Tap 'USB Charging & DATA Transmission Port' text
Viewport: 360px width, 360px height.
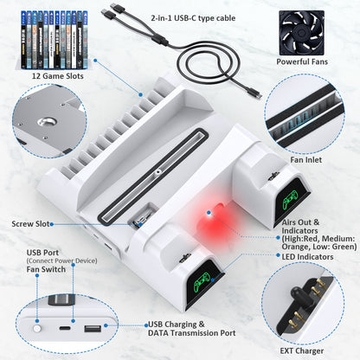(192, 329)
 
